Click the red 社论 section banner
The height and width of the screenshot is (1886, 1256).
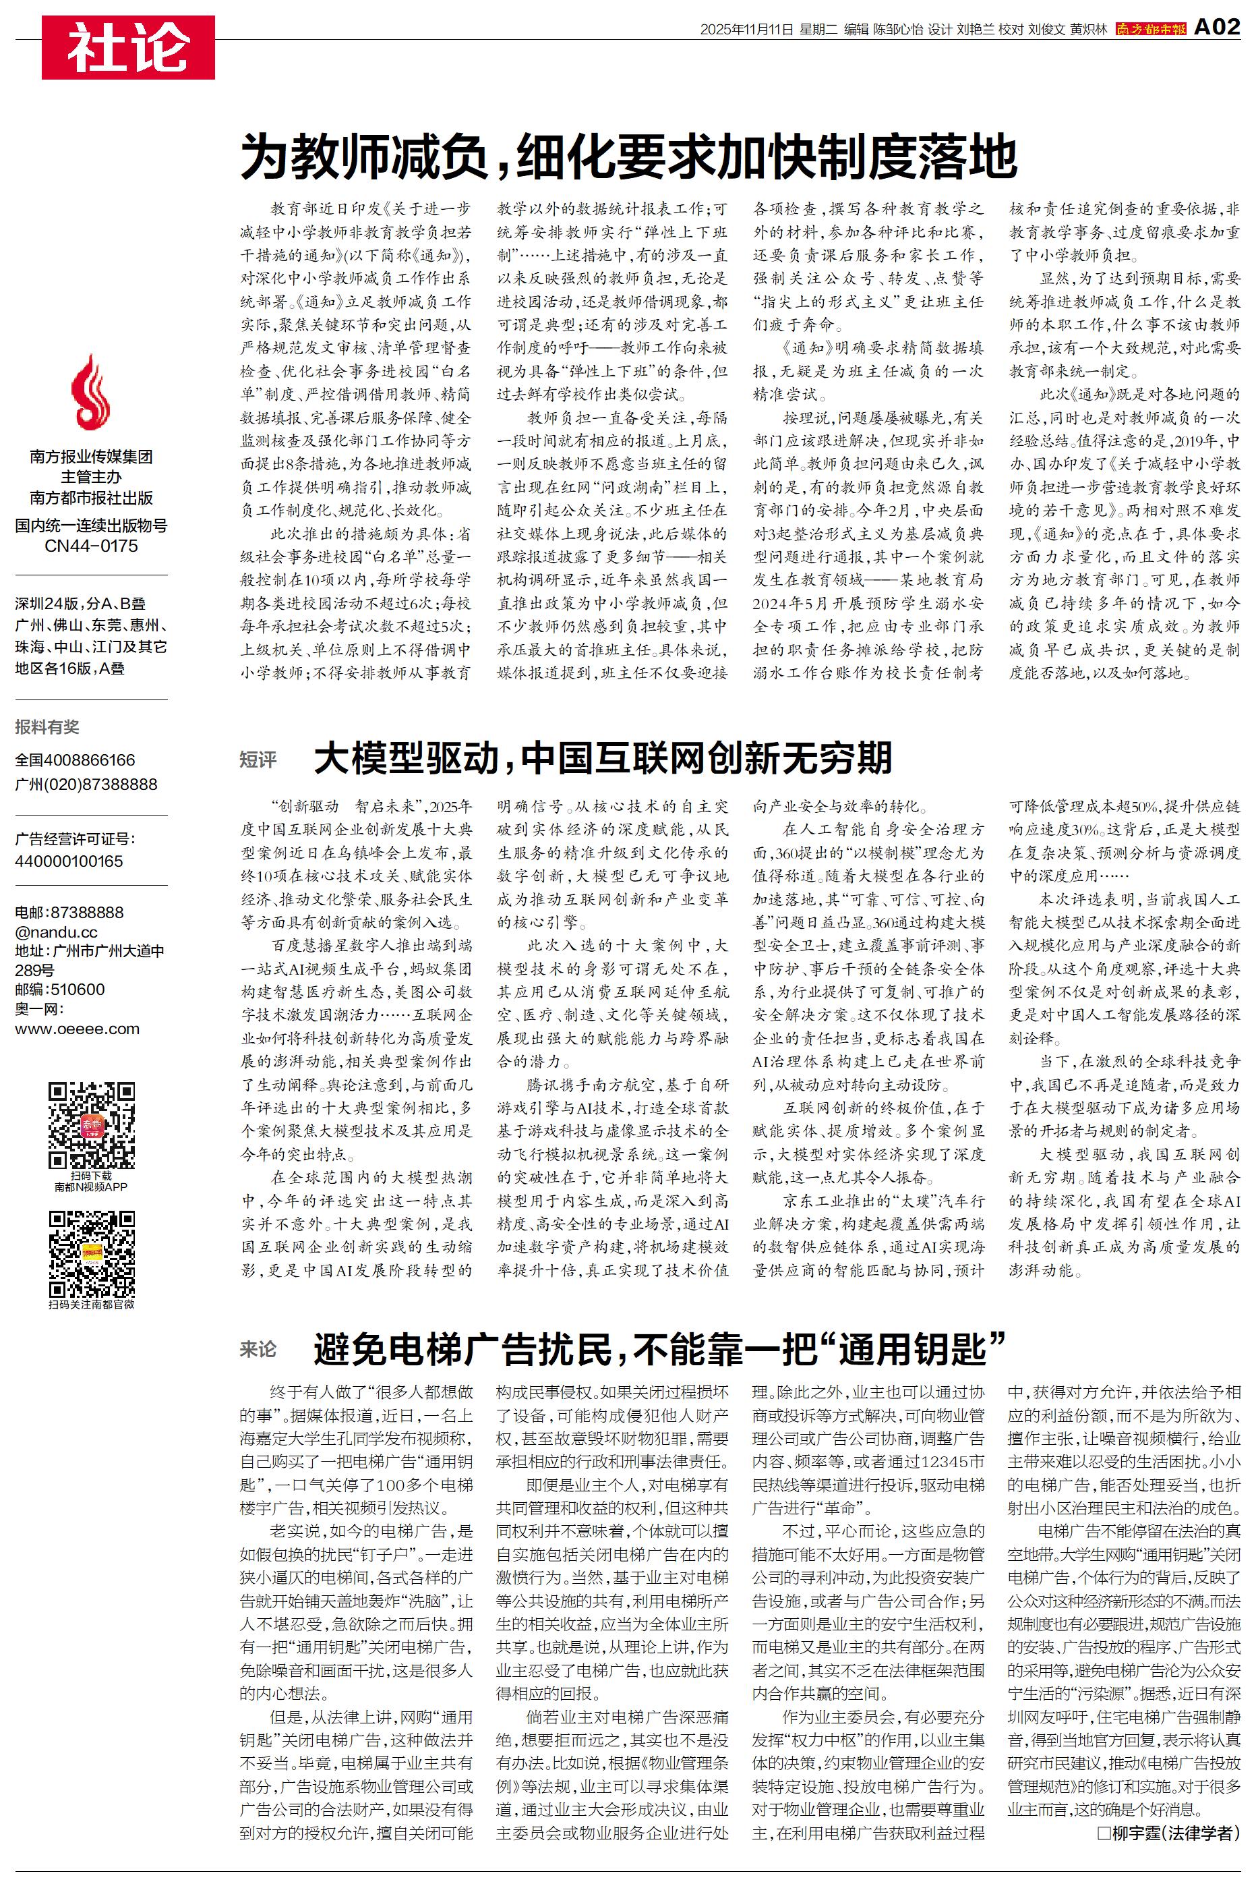[x=128, y=47]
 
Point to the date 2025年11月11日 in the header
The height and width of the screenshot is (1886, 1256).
[x=746, y=30]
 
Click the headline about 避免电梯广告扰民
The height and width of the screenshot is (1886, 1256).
[x=659, y=1349]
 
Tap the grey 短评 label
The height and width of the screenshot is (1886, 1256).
[x=258, y=760]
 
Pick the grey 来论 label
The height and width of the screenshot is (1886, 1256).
[x=258, y=1349]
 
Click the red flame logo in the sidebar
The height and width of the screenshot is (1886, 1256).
[x=91, y=393]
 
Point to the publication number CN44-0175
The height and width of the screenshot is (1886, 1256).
[x=91, y=546]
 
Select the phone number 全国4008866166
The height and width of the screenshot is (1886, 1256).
[x=76, y=760]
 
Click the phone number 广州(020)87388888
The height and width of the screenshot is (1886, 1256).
[x=86, y=784]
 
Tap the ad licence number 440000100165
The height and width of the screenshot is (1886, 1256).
[x=69, y=861]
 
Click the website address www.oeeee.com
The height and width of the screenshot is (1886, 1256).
[x=77, y=1029]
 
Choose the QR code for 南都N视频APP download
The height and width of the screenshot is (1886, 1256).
[x=91, y=1125]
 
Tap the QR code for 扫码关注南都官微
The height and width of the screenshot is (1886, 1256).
[x=91, y=1253]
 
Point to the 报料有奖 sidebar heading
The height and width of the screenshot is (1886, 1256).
[x=47, y=726]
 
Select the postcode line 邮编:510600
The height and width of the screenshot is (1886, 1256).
[x=59, y=990]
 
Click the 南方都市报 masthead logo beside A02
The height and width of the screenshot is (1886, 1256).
[x=1150, y=29]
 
